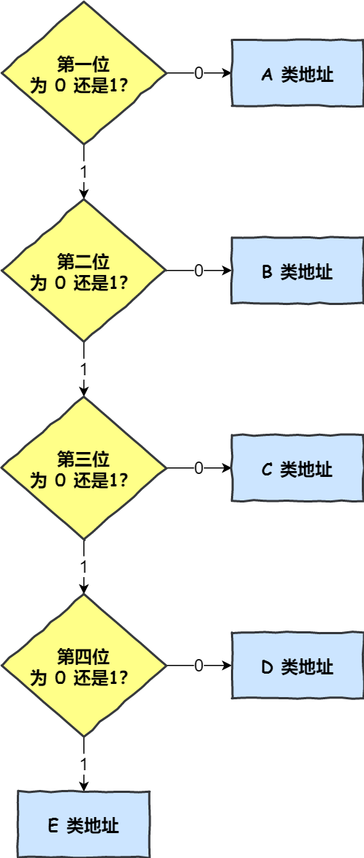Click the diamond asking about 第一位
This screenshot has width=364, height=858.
[84, 73]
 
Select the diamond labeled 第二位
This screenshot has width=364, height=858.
[84, 271]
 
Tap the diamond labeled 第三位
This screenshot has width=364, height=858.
[84, 468]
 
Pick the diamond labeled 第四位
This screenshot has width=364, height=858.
[84, 666]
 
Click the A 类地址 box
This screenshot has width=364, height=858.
[297, 74]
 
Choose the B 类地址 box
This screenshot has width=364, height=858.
[297, 271]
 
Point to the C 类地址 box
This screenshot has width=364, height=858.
[297, 468]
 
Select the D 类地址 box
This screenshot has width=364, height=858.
[297, 666]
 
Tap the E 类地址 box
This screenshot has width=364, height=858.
[83, 824]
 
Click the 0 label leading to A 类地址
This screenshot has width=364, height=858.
[198, 73]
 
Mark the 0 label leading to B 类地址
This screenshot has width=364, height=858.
[198, 271]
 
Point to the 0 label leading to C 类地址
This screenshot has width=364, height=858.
[198, 468]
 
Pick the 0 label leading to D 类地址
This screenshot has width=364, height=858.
[198, 666]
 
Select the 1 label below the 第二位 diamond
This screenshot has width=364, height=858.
[84, 368]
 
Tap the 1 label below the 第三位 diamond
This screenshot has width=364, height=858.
[84, 566]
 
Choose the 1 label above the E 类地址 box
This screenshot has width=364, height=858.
[84, 763]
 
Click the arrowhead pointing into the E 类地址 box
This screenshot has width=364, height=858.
[84, 786]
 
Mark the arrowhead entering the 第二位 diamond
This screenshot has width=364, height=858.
[84, 194]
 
